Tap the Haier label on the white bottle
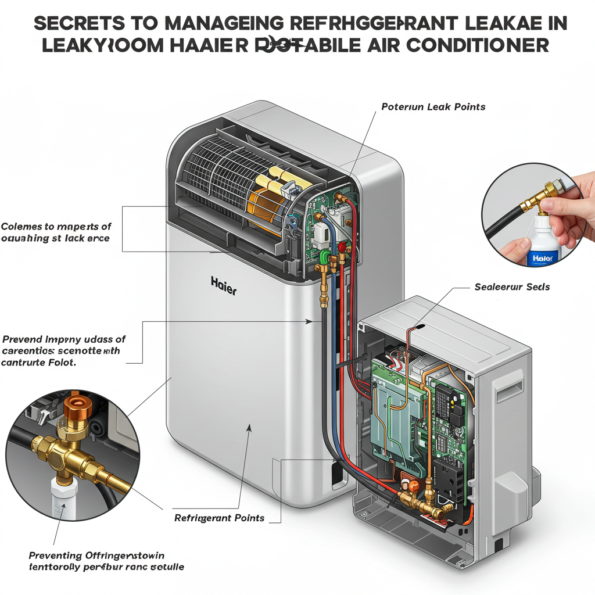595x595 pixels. click(543, 257)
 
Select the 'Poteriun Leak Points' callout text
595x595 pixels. click(433, 107)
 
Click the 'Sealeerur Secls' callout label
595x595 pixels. click(512, 287)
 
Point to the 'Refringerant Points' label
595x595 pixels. click(220, 518)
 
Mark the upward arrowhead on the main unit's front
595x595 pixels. click(250, 428)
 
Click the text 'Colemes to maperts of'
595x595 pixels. click(56, 227)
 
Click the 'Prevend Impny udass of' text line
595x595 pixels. click(64, 339)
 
